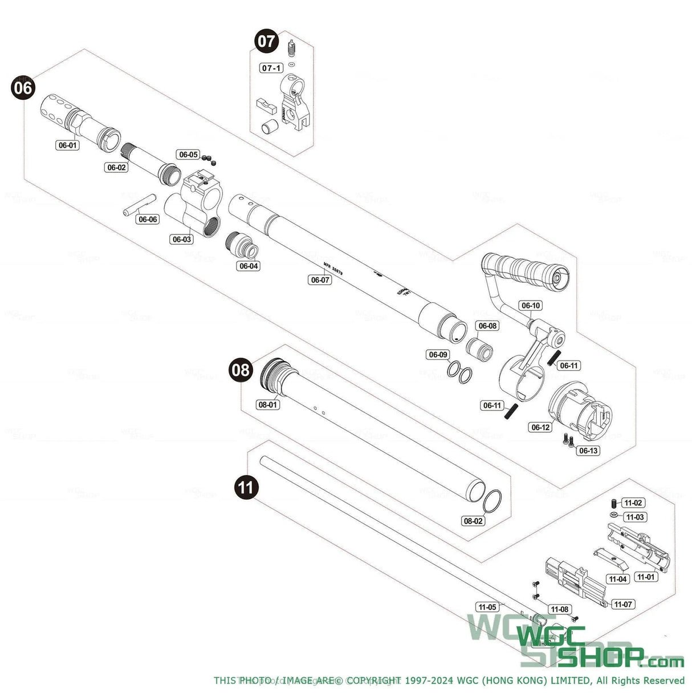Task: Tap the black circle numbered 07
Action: [266, 42]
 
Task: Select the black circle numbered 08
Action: [241, 370]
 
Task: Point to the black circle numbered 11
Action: [246, 488]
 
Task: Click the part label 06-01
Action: [68, 145]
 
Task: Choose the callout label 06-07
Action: [320, 279]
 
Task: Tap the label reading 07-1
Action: [271, 68]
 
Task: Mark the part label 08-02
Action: [473, 521]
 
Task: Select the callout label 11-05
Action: [487, 607]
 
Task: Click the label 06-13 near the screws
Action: [588, 451]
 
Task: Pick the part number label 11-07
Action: [624, 604]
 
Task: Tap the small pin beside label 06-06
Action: [139, 205]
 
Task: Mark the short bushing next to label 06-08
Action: [479, 348]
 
